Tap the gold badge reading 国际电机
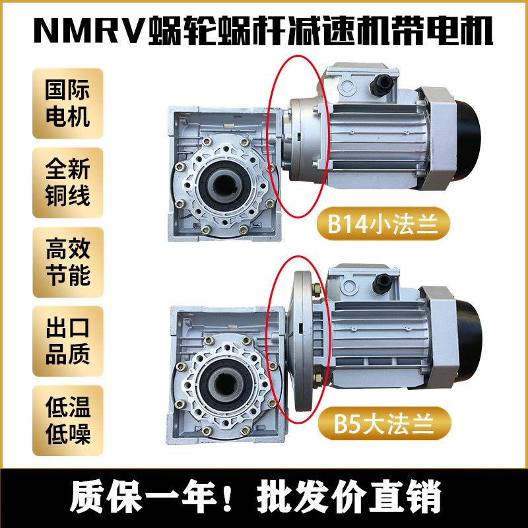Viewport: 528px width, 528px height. [x=68, y=104]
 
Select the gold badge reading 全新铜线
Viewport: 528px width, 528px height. [x=68, y=183]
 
